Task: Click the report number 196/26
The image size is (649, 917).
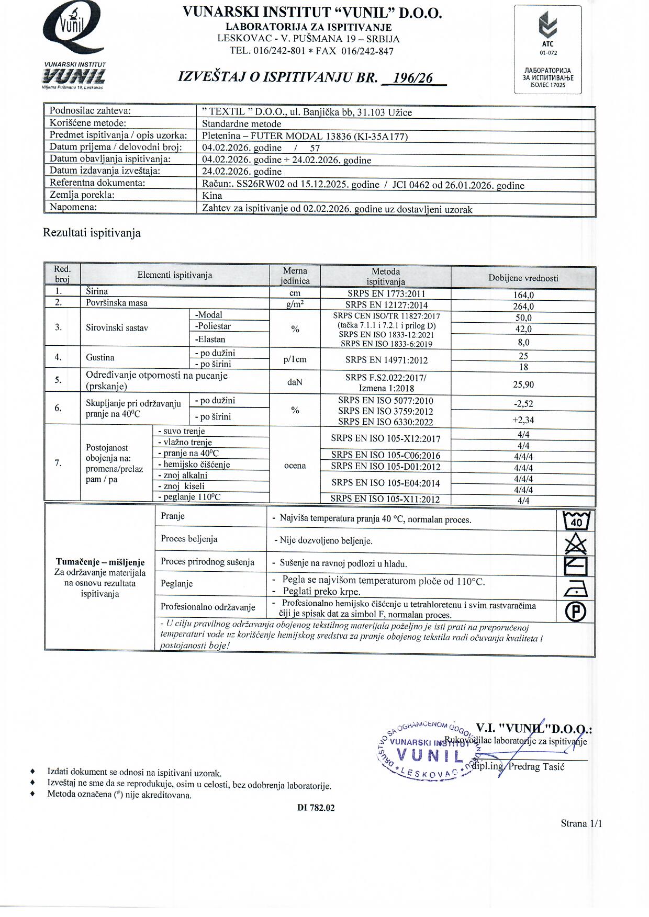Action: point(413,78)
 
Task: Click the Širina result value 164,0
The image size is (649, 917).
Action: point(523,295)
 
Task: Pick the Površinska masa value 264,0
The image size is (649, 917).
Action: point(523,307)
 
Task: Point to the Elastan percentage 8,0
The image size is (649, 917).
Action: point(523,343)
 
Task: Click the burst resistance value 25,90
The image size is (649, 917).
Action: point(523,384)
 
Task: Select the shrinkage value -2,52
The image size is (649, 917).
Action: point(523,404)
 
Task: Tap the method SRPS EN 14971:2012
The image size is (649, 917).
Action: point(386,360)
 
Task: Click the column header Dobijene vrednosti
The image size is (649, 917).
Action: point(523,278)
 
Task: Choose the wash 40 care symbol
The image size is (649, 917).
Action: point(576,520)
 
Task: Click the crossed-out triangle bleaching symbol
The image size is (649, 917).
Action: point(576,544)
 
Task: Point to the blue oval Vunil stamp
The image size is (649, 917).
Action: point(427,752)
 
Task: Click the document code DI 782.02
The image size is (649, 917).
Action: point(316,808)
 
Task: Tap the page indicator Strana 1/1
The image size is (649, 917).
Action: point(581,824)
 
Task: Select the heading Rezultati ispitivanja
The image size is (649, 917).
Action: point(92,233)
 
